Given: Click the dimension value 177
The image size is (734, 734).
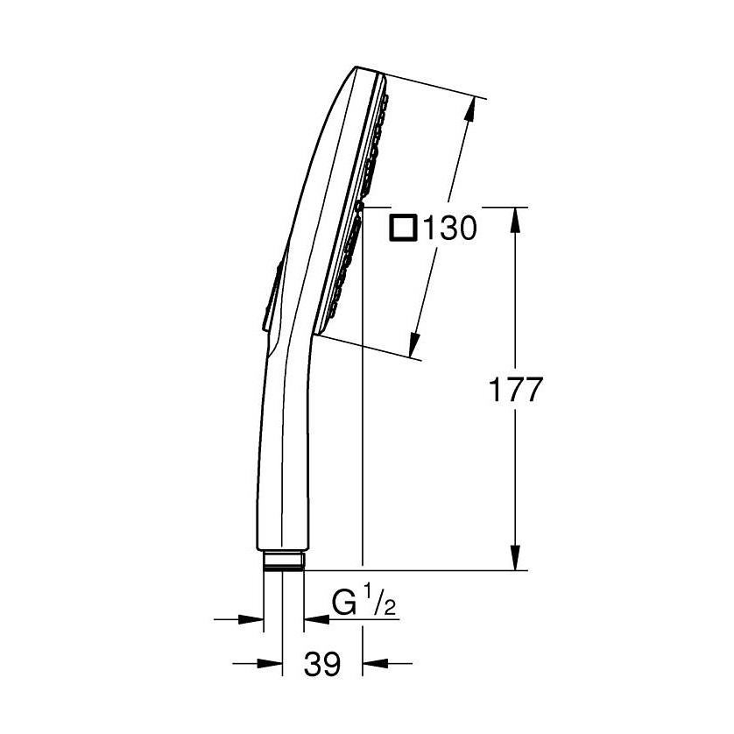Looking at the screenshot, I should pyautogui.click(x=515, y=391).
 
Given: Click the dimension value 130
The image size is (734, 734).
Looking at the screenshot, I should pyautogui.click(x=449, y=229).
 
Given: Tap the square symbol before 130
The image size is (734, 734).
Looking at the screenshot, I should pyautogui.click(x=404, y=229).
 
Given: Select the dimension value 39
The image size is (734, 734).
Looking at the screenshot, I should pyautogui.click(x=322, y=665).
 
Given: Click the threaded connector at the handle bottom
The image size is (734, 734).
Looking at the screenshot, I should pyautogui.click(x=283, y=560).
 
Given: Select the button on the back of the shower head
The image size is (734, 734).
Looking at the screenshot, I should pyautogui.click(x=270, y=298).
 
